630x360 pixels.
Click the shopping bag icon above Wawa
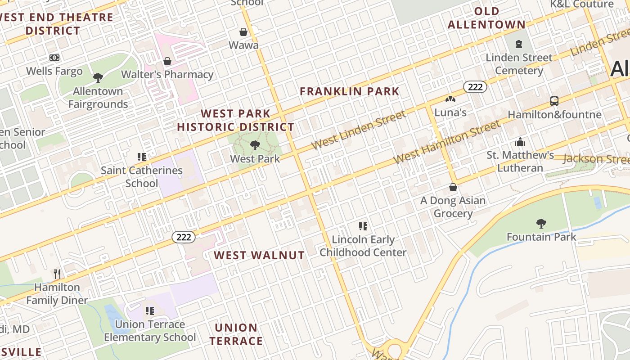pos(243,32)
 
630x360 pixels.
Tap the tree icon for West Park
pos(255,145)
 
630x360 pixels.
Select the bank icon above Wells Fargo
pos(54,58)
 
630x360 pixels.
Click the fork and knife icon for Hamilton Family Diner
pos(57,274)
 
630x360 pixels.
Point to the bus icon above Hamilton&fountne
pos(554,101)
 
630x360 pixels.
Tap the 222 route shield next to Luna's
pos(475,87)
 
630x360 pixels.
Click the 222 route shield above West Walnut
pos(184,237)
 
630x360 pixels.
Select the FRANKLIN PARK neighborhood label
pos(350,91)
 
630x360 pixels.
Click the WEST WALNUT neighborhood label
pos(259,256)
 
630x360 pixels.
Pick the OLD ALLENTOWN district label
pos(486,18)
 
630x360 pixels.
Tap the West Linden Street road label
pos(358,130)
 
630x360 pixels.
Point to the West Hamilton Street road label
pos(446,142)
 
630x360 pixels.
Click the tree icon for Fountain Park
pos(541,223)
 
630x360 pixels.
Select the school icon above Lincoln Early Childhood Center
pos(363,226)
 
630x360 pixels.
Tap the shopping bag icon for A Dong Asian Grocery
pos(453,187)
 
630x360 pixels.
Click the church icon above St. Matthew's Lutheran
pos(520,142)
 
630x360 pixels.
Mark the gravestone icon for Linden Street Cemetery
pos(519,44)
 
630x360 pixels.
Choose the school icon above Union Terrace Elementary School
pos(150,310)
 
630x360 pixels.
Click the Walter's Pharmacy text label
pos(167,75)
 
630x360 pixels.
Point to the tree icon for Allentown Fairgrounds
pos(98,78)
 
